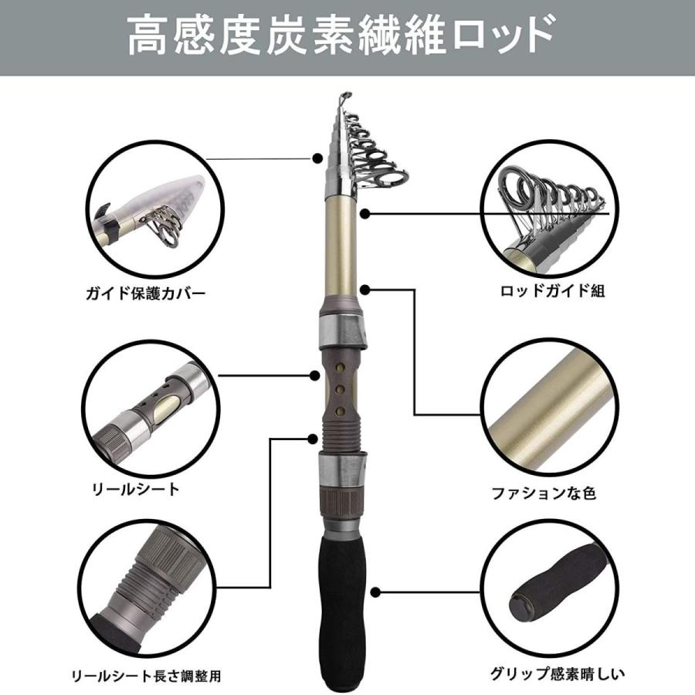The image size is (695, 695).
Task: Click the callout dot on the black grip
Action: coord(375,593)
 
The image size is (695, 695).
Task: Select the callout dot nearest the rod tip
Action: coord(317,158)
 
